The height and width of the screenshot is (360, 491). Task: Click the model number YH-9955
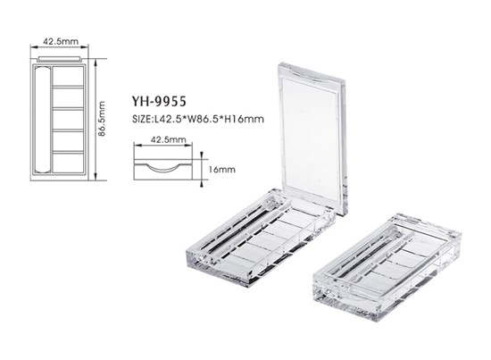coord(159,101)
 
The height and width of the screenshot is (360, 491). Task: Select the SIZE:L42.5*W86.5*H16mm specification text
coord(198,119)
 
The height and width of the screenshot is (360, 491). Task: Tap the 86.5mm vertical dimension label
coord(102,119)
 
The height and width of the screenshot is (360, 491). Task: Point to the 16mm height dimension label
coord(222,170)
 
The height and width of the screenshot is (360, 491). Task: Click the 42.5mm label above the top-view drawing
coord(61,41)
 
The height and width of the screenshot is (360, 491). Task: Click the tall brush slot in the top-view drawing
coord(42,119)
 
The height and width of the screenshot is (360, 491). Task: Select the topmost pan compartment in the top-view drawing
coord(68,76)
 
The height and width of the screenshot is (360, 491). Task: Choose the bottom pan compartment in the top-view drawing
coord(68,163)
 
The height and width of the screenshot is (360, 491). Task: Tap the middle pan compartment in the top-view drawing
coord(68,119)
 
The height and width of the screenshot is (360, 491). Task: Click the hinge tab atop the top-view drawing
coord(59,59)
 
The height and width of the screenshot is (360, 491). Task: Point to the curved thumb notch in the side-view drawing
coord(162,168)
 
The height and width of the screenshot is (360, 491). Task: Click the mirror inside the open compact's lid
coord(310,138)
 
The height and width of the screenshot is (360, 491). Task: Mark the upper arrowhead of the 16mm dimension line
coord(202,155)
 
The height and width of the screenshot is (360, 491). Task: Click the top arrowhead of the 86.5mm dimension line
coord(96,62)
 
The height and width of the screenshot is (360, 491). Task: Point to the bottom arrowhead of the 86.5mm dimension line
coord(96,178)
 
